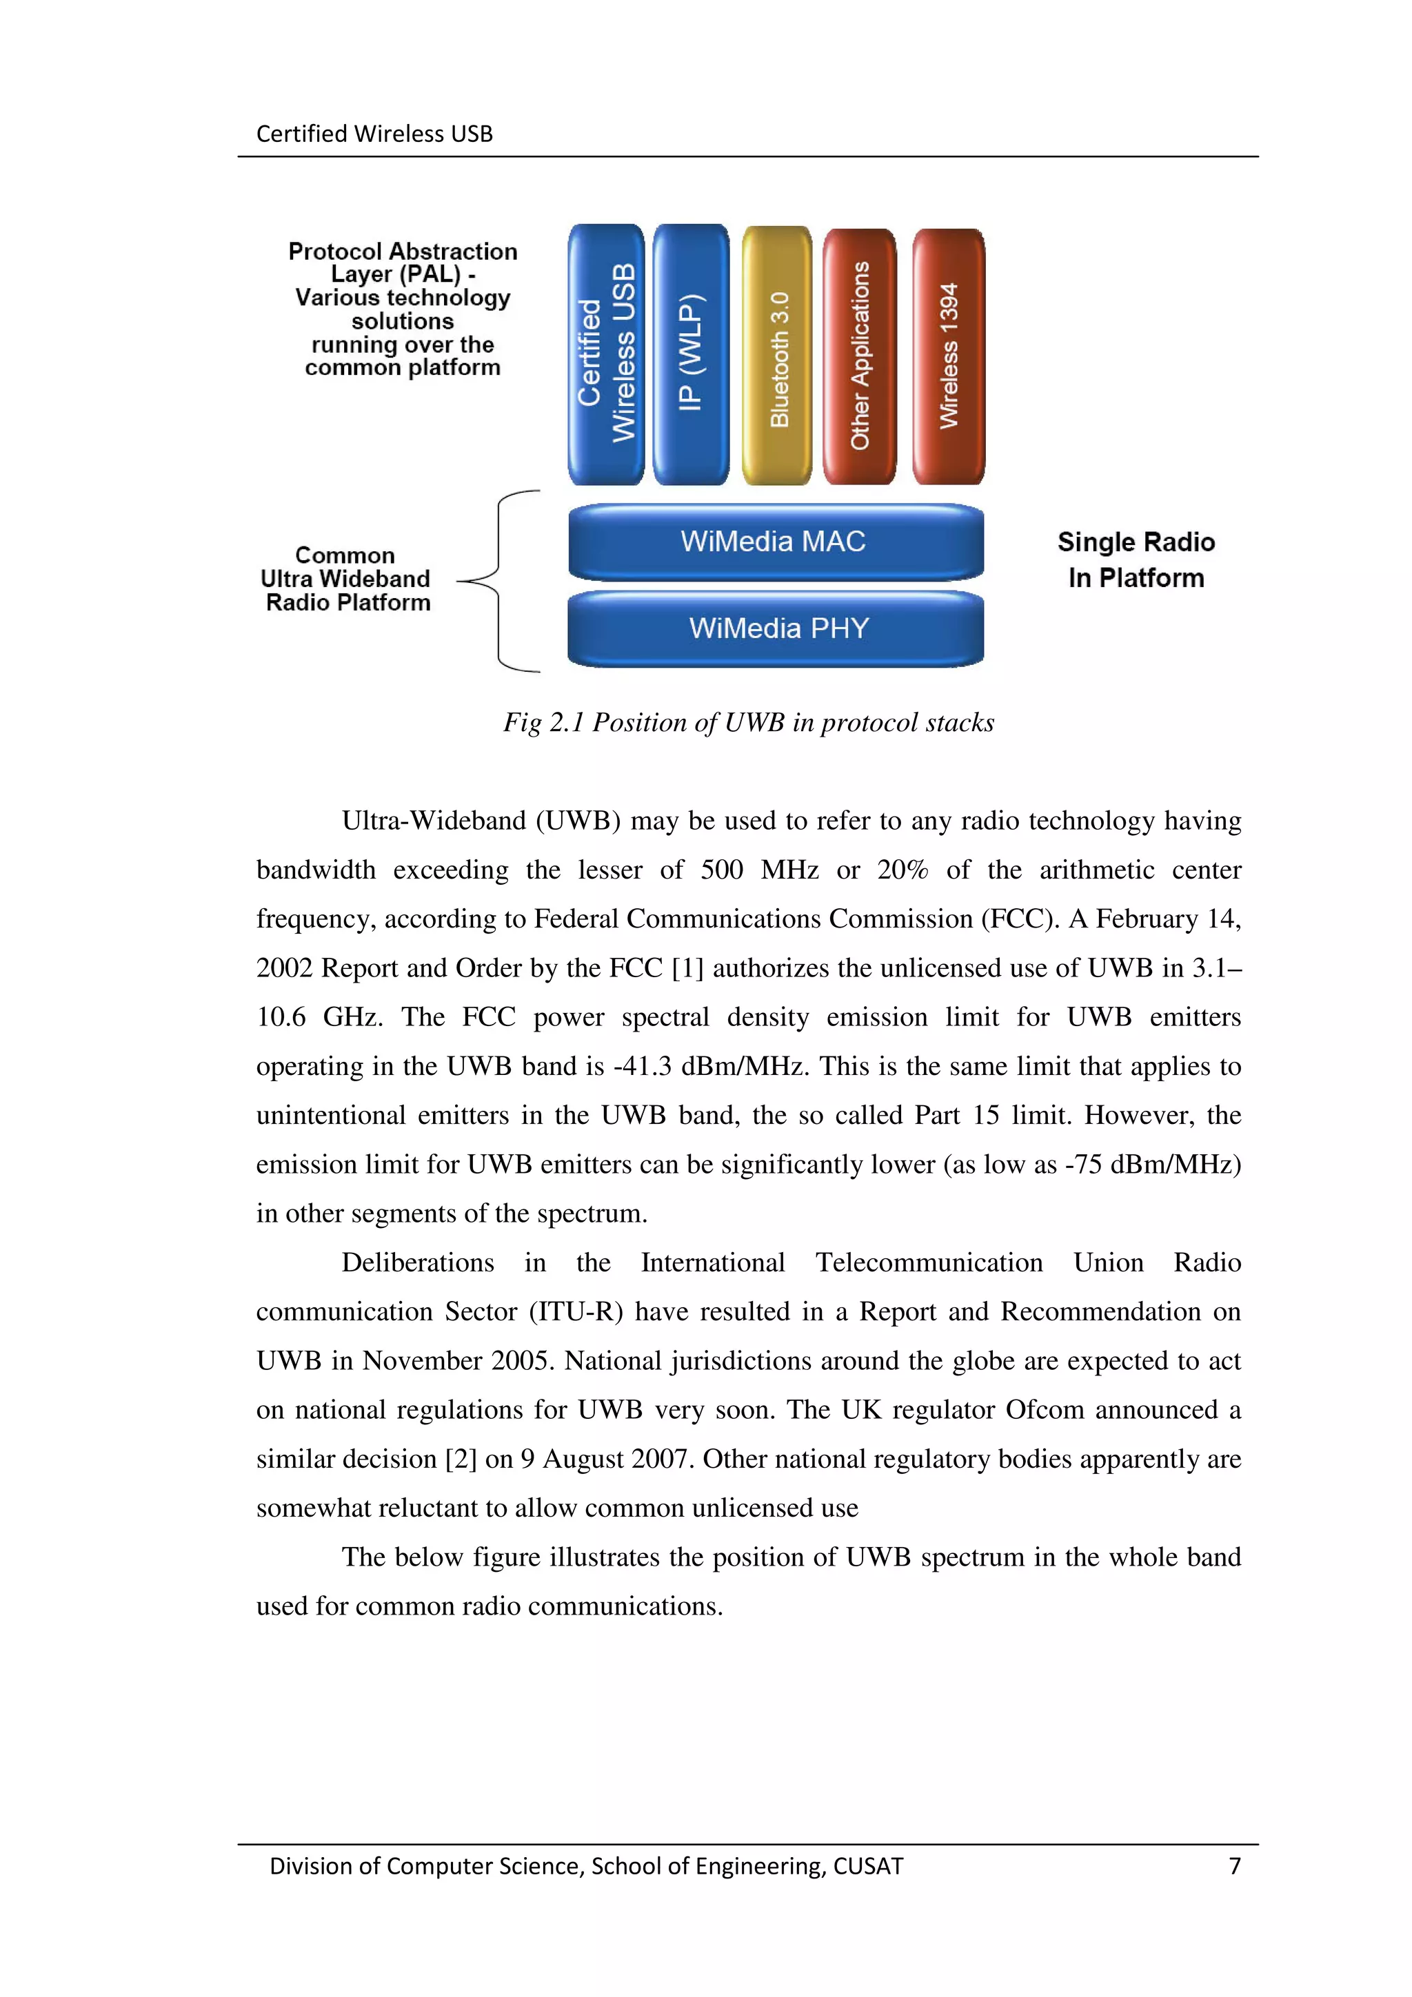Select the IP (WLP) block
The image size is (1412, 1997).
[691, 355]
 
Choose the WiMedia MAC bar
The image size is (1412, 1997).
[775, 542]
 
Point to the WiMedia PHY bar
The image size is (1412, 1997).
[775, 628]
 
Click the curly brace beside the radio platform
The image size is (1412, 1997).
[501, 581]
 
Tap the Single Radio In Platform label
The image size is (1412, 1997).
[1136, 560]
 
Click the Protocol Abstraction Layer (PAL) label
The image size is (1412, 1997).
[402, 309]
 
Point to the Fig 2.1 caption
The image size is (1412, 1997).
[748, 723]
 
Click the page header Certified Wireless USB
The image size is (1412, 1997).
[374, 134]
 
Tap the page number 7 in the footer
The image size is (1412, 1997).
[1233, 1865]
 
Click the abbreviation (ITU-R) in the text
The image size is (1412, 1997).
[576, 1311]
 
